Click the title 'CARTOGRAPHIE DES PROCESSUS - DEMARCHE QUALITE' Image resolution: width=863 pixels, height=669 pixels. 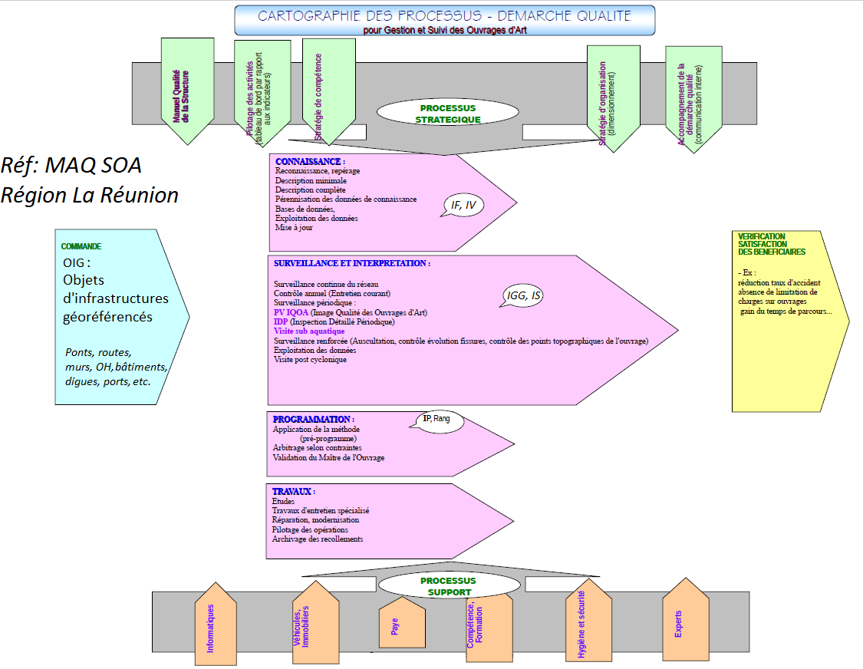click(x=444, y=15)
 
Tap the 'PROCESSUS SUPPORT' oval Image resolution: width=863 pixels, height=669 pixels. click(x=449, y=586)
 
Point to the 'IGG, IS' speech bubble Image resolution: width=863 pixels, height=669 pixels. click(x=525, y=295)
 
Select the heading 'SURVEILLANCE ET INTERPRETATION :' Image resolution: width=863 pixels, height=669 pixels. click(x=351, y=263)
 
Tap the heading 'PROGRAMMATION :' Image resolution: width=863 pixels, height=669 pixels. click(x=313, y=420)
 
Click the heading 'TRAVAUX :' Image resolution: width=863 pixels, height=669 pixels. click(x=293, y=491)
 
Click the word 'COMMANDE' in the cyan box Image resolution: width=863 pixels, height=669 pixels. click(x=81, y=247)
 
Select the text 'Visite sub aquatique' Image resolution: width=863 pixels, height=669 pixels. click(x=309, y=331)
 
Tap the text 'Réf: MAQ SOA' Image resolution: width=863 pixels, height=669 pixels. click(x=71, y=165)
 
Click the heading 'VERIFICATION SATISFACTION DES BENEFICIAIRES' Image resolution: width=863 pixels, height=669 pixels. click(x=771, y=244)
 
